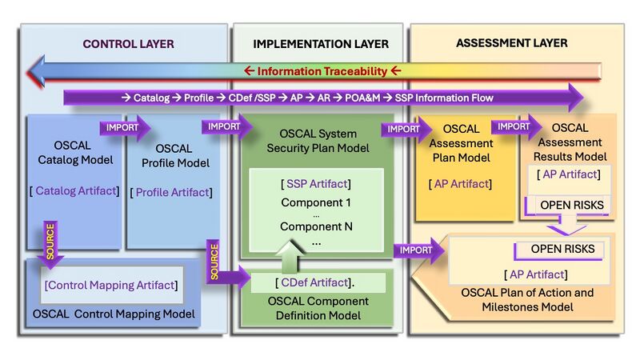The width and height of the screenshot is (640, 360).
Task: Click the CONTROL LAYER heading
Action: (x=128, y=44)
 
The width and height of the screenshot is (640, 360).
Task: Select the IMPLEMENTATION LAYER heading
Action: (x=321, y=44)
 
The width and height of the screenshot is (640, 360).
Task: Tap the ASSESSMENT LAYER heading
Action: (x=512, y=42)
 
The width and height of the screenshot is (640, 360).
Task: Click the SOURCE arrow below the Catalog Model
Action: (x=50, y=243)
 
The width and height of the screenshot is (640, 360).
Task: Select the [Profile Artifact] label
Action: (x=172, y=192)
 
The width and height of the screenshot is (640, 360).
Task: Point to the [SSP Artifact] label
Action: (x=316, y=184)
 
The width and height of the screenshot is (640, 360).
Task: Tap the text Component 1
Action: (x=316, y=202)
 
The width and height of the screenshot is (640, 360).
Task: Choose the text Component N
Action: (x=316, y=226)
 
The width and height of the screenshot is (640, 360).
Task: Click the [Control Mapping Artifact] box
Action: (x=110, y=286)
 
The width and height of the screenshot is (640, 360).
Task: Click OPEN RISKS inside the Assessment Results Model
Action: (x=566, y=205)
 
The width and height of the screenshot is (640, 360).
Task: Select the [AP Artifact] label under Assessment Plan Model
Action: (x=462, y=185)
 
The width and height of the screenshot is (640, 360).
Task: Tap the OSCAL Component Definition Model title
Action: (x=317, y=309)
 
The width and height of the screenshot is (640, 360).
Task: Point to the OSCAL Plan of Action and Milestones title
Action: (x=528, y=300)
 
